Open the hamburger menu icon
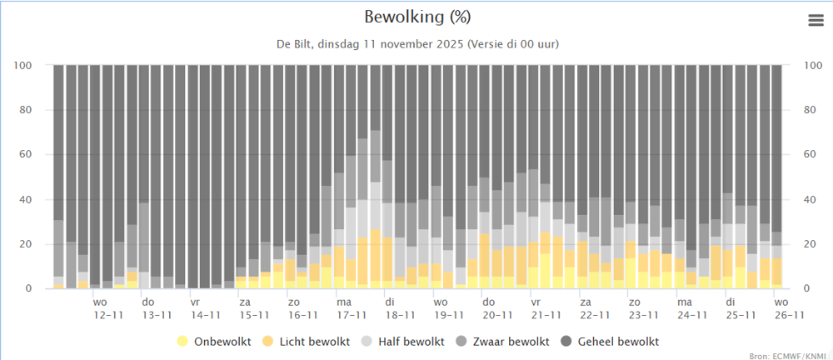tap(816, 22)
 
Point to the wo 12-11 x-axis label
tap(108, 308)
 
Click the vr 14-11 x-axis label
tap(205, 308)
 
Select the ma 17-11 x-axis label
tap(351, 308)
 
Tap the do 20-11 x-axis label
tap(496, 308)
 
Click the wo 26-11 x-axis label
tap(788, 308)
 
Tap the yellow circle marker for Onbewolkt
tap(182, 342)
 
